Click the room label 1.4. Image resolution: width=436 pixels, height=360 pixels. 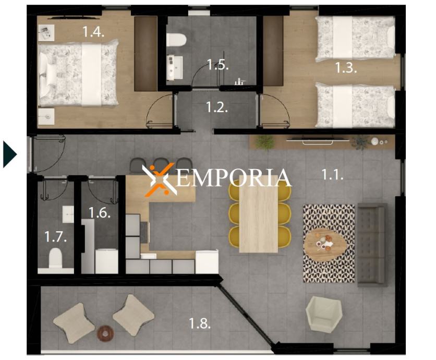tap(93, 32)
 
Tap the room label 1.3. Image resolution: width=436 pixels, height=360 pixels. tap(346, 68)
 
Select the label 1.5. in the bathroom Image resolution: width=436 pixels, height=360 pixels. tap(217, 64)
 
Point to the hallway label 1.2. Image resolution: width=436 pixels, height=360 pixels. tap(217, 107)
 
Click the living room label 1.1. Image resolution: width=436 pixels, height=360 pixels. tap(333, 174)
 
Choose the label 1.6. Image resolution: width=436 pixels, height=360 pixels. tap(100, 212)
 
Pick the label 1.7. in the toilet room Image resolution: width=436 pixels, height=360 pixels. tap(56, 236)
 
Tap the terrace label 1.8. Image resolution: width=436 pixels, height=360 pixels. tap(200, 323)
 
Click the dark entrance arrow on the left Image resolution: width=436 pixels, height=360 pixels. tap(9, 154)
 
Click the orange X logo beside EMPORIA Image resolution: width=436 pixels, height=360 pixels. tap(160, 179)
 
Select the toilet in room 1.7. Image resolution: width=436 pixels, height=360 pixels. tap(55, 258)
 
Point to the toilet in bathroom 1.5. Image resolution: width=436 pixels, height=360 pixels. tap(176, 40)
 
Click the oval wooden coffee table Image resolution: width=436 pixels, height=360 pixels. tap(324, 245)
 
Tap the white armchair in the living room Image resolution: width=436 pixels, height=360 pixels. tap(324, 313)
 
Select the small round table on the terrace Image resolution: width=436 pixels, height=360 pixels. tap(105, 333)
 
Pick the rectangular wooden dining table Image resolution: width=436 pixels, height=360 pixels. tap(258, 214)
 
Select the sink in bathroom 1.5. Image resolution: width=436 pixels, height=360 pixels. tap(175, 68)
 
